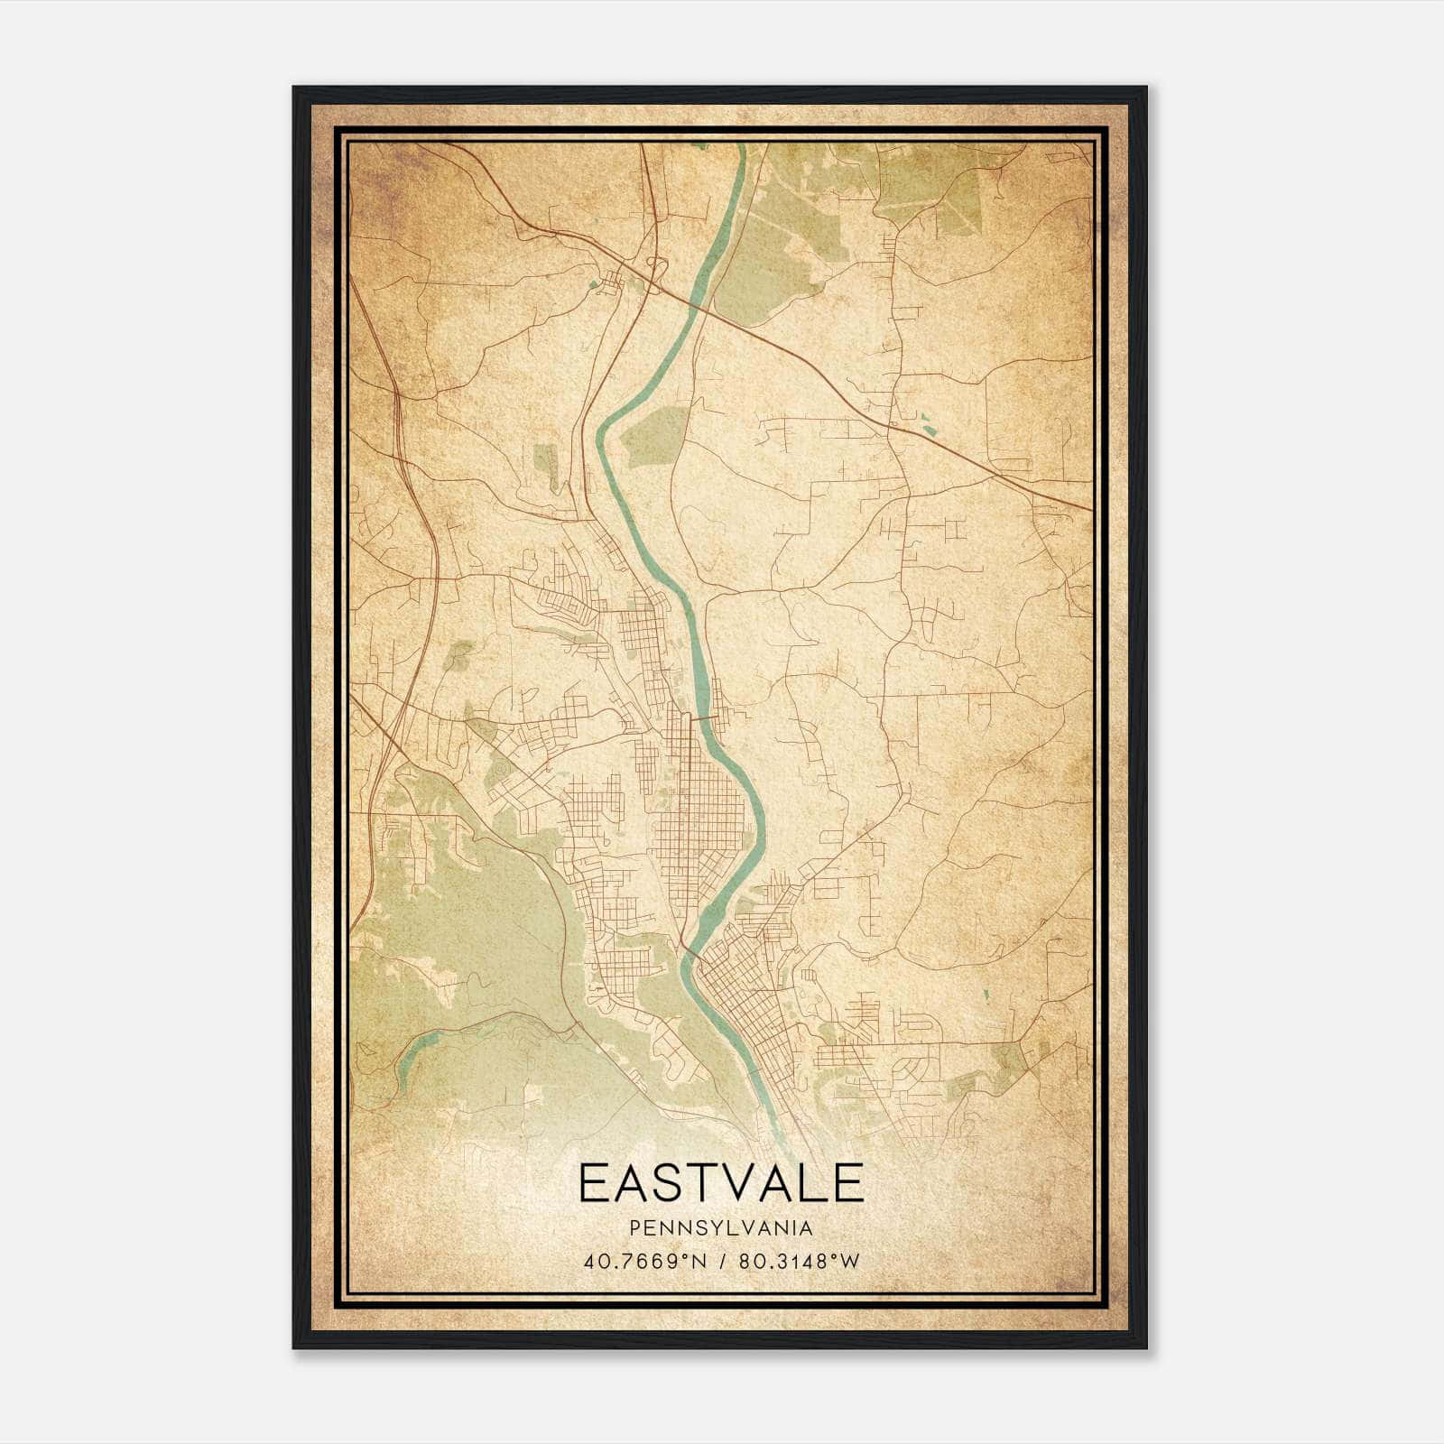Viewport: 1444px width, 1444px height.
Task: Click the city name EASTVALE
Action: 721,1183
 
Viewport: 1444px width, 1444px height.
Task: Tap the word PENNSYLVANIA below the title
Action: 721,1228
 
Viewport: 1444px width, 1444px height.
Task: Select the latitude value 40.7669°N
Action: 642,1261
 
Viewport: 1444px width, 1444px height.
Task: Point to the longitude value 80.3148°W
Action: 799,1261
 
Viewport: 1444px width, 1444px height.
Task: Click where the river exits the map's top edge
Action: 743,146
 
